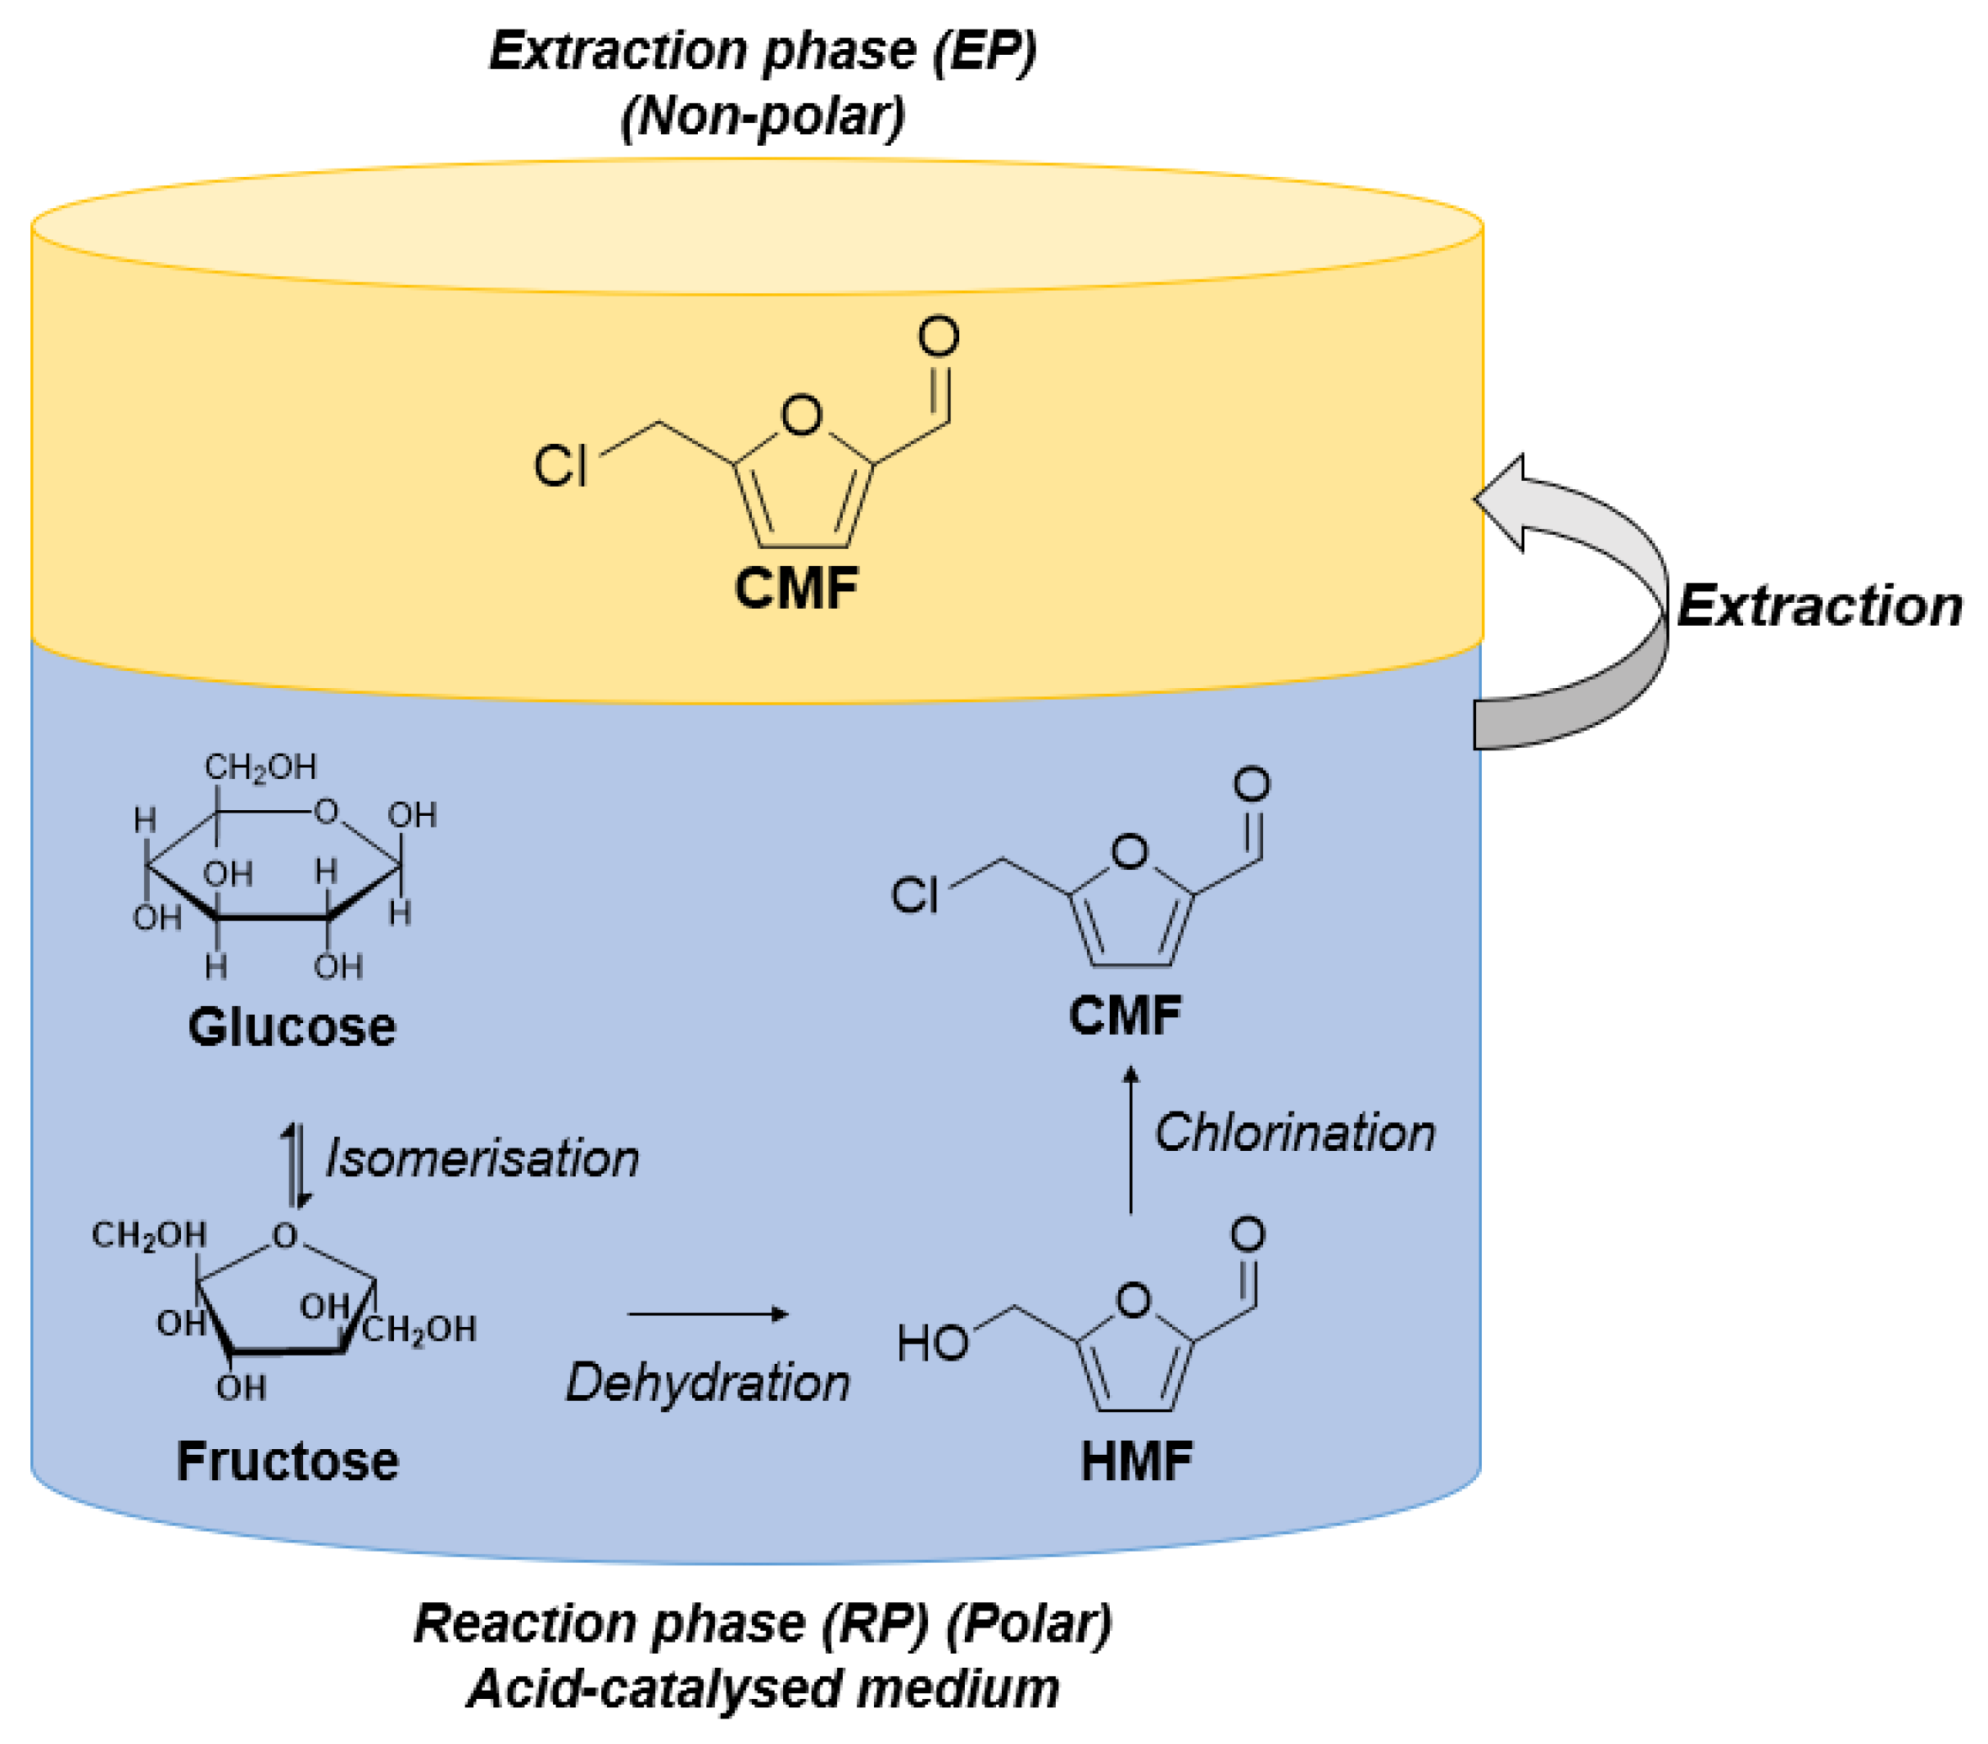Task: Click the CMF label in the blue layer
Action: point(1125,1016)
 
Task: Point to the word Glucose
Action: point(292,1027)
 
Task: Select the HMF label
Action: point(1136,1460)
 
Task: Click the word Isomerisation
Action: point(482,1158)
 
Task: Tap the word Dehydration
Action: point(707,1382)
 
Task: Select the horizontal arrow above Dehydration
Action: point(707,1314)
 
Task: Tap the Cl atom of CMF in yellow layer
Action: point(560,465)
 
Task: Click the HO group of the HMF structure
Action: point(932,1343)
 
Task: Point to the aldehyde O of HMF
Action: point(1248,1234)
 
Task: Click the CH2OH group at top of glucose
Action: point(260,768)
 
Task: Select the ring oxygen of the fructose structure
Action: point(284,1235)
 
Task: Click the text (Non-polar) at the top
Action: point(763,116)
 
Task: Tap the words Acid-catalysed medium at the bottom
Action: point(763,1687)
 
